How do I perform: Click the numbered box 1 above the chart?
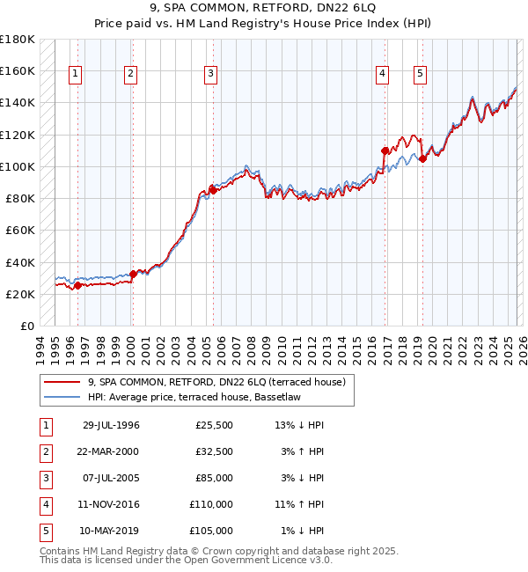pyautogui.click(x=77, y=75)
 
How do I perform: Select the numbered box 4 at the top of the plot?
pyautogui.click(x=383, y=75)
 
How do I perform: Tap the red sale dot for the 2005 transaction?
pyautogui.click(x=212, y=189)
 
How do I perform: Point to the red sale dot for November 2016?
pyautogui.click(x=385, y=150)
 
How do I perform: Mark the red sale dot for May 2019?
pyautogui.click(x=422, y=158)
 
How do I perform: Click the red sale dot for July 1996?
pyautogui.click(x=77, y=285)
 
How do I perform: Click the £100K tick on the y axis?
pyautogui.click(x=17, y=166)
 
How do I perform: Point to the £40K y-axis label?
pyautogui.click(x=19, y=262)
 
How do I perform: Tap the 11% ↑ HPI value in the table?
pyautogui.click(x=299, y=504)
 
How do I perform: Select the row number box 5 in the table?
pyautogui.click(x=44, y=531)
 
